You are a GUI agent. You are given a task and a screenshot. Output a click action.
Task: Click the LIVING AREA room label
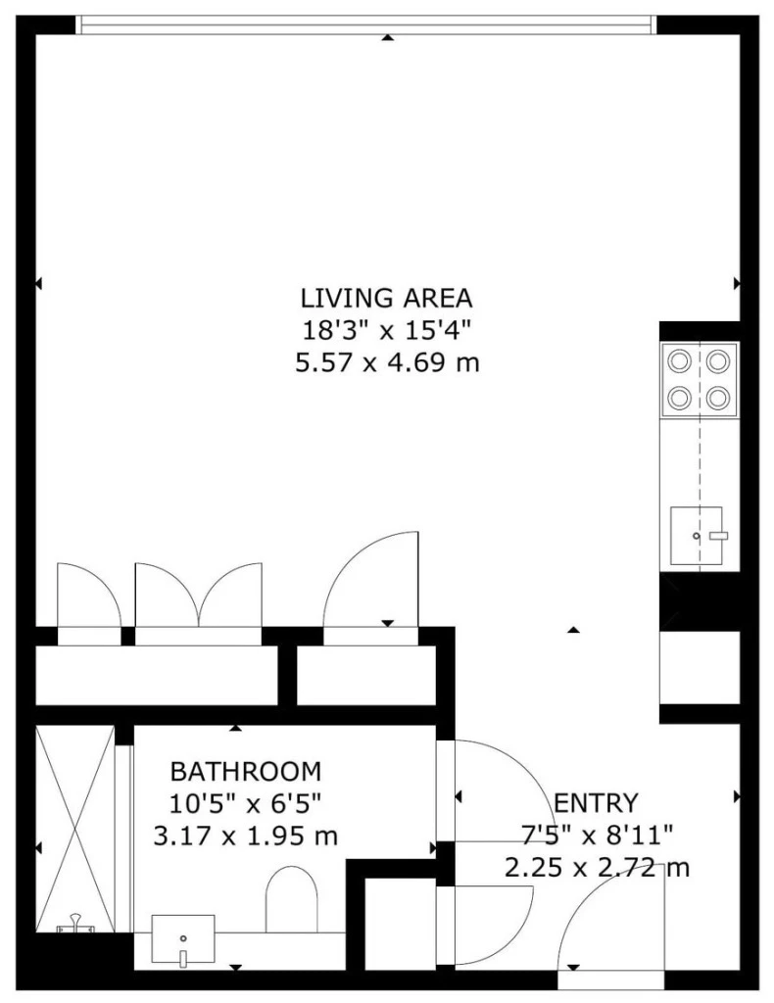pyautogui.click(x=387, y=297)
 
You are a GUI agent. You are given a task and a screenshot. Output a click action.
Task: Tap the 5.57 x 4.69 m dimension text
pyautogui.click(x=387, y=363)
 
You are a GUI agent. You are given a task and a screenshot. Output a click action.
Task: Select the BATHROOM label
pyautogui.click(x=245, y=770)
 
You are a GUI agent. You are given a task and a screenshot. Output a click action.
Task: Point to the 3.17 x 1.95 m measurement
pyautogui.click(x=245, y=836)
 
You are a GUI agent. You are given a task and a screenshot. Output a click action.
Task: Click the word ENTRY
pyautogui.click(x=596, y=803)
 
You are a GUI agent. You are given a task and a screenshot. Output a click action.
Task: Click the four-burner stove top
pyautogui.click(x=700, y=379)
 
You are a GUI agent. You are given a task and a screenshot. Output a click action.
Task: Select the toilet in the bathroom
pyautogui.click(x=292, y=899)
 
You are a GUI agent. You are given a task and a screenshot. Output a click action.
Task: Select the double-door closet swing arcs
pyautogui.click(x=199, y=597)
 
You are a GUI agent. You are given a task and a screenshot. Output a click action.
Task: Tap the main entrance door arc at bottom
pyautogui.click(x=607, y=921)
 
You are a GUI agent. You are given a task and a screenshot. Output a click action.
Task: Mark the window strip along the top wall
pyautogui.click(x=364, y=24)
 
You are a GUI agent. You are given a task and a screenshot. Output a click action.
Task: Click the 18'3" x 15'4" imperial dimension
pyautogui.click(x=387, y=330)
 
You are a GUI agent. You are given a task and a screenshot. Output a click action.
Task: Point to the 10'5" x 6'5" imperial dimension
pyautogui.click(x=245, y=803)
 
